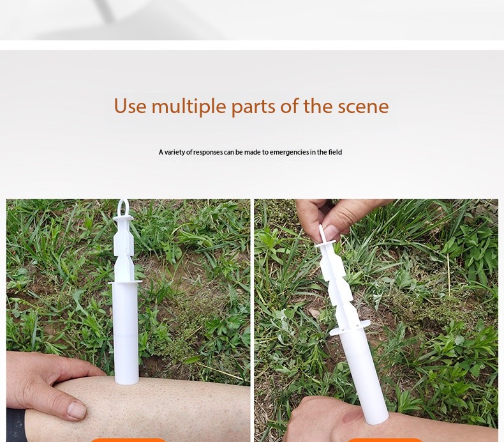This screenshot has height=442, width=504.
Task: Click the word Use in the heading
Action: click(x=130, y=106)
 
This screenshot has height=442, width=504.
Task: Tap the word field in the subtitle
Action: click(x=335, y=152)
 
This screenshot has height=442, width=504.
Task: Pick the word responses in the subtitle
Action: click(x=208, y=152)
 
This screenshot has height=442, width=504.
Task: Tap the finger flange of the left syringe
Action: click(x=125, y=281)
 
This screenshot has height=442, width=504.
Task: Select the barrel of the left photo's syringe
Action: click(x=125, y=332)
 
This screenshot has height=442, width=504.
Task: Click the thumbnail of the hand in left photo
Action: click(x=76, y=409)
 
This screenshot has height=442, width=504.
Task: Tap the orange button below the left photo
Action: click(x=128, y=439)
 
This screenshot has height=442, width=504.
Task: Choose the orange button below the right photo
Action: click(x=385, y=439)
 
